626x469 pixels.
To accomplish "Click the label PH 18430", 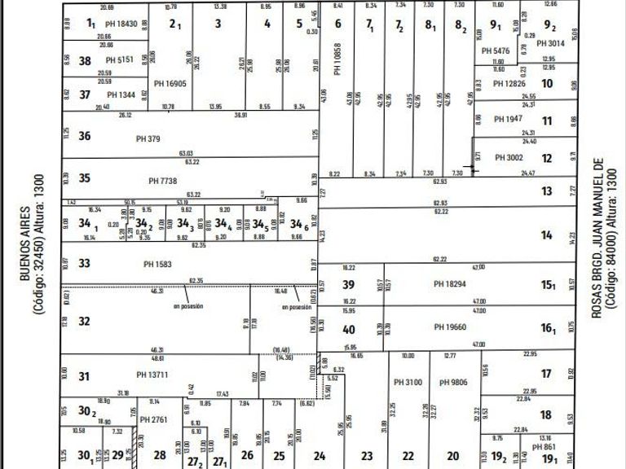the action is pos(121,24).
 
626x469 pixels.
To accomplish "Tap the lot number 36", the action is pos(85,136).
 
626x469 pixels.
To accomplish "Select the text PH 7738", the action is pos(164,180).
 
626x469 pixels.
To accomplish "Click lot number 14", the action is pos(546,235).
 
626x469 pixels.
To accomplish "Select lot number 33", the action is pos(84,263).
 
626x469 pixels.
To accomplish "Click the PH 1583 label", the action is pos(158,263).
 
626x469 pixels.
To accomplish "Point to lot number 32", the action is pos(84,322).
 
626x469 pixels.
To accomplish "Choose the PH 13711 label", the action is pos(152,375).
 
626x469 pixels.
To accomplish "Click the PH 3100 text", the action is pos(408,382).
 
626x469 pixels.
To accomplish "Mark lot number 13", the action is pos(546,191).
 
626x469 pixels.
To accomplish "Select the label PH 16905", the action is pos(170,83).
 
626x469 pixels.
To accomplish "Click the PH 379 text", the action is pos(148,138).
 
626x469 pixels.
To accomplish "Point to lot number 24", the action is pos(320,456).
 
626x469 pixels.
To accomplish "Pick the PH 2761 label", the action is pos(152,419).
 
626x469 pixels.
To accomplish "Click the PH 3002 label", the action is pos(509,157).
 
